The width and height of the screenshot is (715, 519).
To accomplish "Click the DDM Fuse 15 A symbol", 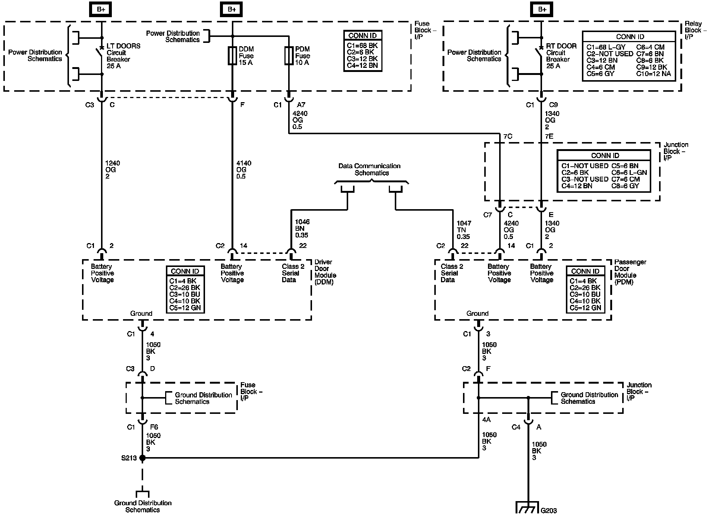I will point(232,56).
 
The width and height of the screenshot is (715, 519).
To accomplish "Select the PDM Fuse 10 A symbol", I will point(289,56).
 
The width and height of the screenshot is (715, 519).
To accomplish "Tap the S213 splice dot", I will point(142,457).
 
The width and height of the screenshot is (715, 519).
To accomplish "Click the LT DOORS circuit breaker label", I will point(123,56).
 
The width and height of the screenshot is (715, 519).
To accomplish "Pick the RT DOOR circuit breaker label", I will point(561,56).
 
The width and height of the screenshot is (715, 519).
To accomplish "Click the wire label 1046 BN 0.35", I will point(302,229).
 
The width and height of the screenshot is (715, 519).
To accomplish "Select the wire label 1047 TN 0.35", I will point(463,230).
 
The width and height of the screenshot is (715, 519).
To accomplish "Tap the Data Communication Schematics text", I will point(369,169).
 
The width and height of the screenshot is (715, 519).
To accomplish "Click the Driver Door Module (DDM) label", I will point(325,272).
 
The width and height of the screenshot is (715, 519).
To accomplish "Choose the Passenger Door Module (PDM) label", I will point(630,272).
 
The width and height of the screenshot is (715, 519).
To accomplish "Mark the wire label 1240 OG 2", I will point(113,170).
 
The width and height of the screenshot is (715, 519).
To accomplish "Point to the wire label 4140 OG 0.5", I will point(243,170).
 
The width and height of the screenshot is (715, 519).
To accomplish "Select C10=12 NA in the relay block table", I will point(653,74).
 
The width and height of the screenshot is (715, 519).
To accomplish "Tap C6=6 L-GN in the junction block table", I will point(629,173).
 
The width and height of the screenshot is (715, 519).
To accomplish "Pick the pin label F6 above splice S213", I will point(154,427).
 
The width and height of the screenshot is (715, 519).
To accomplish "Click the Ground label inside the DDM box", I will point(141,314).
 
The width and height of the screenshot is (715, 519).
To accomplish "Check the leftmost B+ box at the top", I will point(101,9).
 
